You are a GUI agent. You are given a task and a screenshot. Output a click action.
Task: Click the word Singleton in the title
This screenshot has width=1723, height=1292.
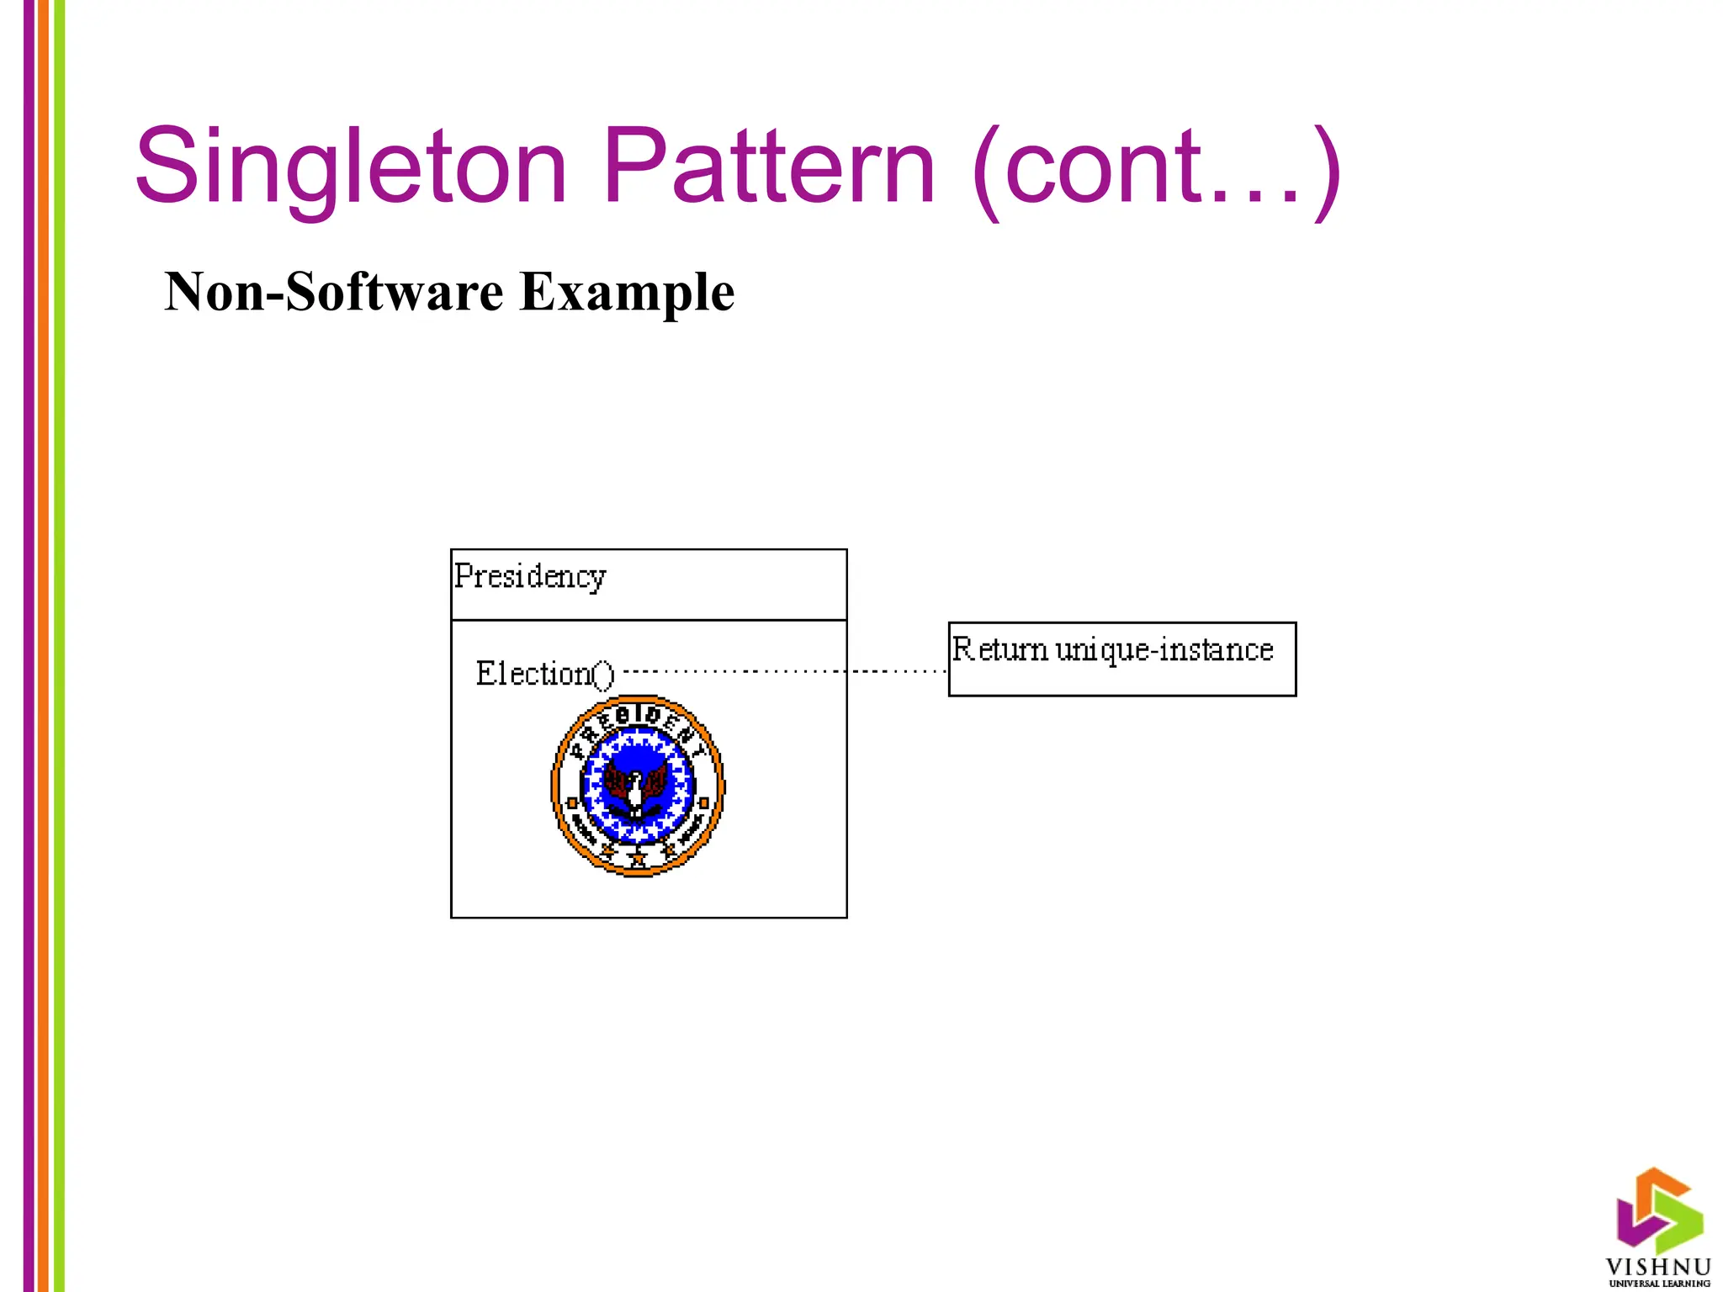[350, 166]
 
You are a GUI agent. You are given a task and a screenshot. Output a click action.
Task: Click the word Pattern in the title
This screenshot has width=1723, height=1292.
[769, 166]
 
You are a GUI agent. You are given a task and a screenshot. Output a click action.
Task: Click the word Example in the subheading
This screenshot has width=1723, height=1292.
[627, 292]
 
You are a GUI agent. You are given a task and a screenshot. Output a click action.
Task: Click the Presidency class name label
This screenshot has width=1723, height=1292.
[530, 577]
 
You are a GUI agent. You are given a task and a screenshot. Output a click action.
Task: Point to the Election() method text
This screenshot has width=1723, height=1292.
[544, 674]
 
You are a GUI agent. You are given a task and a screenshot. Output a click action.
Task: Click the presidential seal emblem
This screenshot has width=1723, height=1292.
[638, 786]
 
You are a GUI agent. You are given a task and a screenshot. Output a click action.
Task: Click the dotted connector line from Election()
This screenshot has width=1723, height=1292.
[782, 671]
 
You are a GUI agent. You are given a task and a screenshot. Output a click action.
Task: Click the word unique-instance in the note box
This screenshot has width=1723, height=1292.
[1164, 650]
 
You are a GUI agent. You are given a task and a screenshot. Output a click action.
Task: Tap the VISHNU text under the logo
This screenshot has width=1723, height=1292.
[1658, 1267]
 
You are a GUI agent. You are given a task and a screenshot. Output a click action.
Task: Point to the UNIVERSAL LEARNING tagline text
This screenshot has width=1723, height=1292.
[1659, 1284]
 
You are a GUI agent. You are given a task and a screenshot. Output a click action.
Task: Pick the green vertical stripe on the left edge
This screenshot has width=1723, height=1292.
[59, 646]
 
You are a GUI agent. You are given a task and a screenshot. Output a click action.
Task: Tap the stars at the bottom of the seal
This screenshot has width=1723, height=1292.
[638, 858]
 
